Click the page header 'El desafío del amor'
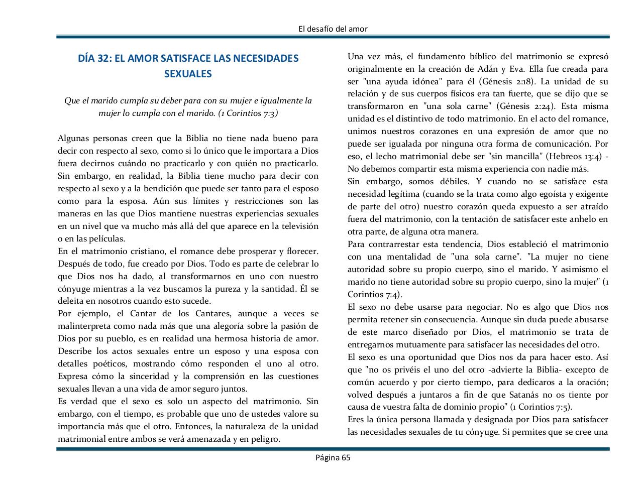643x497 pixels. pos(333,29)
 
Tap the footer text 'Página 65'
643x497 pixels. pos(333,457)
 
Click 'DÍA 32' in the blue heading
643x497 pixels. pos(94,58)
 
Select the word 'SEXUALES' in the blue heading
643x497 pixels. pos(188,74)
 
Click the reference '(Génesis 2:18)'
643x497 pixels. pos(506,81)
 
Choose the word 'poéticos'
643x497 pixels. pos(112,364)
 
